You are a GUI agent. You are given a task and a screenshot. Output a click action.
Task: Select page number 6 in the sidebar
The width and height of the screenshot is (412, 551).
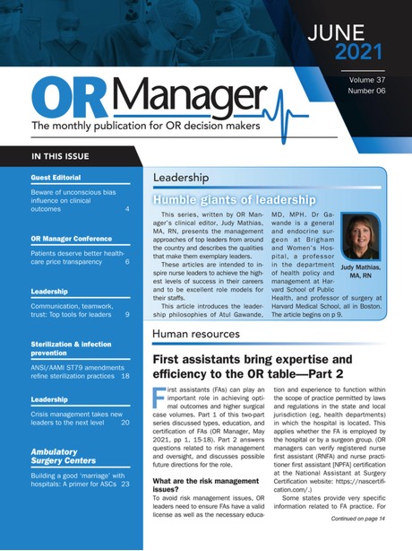tap(127, 262)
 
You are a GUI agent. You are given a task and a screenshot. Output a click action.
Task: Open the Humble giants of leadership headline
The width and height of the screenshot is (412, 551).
tap(234, 199)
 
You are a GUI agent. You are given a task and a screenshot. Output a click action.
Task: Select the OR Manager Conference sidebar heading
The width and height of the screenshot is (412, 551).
tap(74, 240)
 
